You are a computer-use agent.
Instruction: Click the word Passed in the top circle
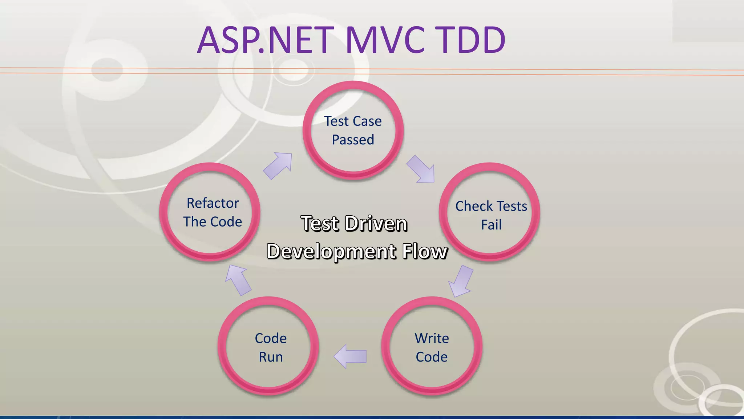point(353,140)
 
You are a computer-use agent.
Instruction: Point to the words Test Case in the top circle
point(353,121)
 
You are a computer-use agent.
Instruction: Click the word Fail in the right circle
point(491,225)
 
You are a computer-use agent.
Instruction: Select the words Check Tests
point(491,206)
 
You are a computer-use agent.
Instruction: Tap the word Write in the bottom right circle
point(432,338)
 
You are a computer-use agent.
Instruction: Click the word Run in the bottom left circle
point(271,357)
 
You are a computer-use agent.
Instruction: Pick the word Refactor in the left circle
point(213,203)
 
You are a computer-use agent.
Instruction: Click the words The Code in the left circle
point(213,222)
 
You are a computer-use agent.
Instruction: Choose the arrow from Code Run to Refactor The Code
point(238,280)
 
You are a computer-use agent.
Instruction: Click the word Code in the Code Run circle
point(271,338)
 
